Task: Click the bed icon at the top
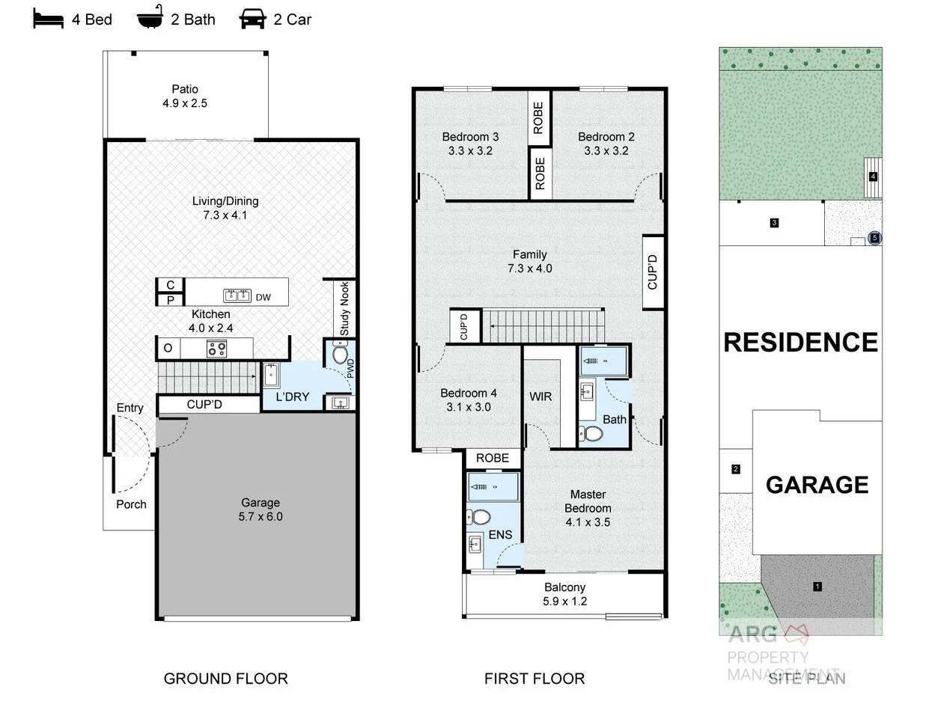click(x=49, y=19)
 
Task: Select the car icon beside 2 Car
click(x=253, y=19)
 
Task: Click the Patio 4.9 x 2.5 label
click(x=185, y=97)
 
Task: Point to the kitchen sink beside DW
click(x=237, y=296)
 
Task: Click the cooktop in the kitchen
click(x=217, y=349)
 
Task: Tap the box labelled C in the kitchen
click(x=171, y=285)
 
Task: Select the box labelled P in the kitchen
click(x=171, y=300)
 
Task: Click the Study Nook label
click(x=344, y=308)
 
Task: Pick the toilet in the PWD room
click(x=339, y=354)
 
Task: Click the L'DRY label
click(x=292, y=397)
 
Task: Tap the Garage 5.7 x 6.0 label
click(x=261, y=509)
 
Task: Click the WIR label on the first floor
click(x=540, y=397)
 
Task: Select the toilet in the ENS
click(x=478, y=517)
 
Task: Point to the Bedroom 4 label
click(x=469, y=400)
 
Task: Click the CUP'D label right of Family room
click(x=653, y=272)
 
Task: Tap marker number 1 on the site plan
click(x=817, y=587)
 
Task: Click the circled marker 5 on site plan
click(x=874, y=238)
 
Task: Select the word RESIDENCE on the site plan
click(x=800, y=343)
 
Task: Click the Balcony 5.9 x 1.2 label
click(x=565, y=594)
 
